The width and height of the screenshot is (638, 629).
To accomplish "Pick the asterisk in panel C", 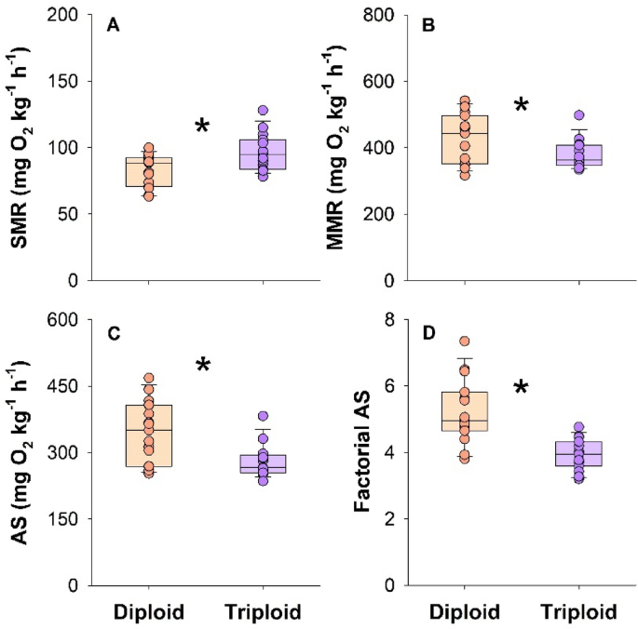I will point(202,367).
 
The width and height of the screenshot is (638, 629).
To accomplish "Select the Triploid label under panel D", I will point(579,612).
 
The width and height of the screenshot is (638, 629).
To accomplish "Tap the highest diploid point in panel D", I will point(466,341).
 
